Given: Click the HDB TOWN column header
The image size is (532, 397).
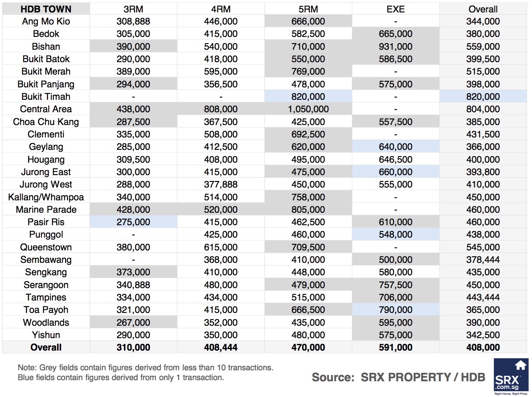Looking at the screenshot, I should pyautogui.click(x=46, y=9).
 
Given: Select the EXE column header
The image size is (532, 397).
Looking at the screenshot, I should pyautogui.click(x=396, y=9).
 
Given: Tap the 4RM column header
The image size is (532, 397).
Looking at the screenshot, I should pyautogui.click(x=221, y=9).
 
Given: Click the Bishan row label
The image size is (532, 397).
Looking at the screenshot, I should pyautogui.click(x=46, y=46).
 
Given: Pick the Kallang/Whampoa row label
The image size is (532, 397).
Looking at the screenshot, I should pyautogui.click(x=46, y=197).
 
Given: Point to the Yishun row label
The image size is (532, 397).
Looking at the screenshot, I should pyautogui.click(x=46, y=335).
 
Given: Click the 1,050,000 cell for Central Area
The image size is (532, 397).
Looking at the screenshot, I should pyautogui.click(x=308, y=109).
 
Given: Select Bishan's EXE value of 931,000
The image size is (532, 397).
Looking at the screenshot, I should pyautogui.click(x=396, y=46).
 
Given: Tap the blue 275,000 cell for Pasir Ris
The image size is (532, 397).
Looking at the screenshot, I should pyautogui.click(x=133, y=222).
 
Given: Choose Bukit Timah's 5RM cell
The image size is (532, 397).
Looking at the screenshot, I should pyautogui.click(x=308, y=97).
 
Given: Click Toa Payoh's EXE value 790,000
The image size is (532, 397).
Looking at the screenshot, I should pyautogui.click(x=396, y=310).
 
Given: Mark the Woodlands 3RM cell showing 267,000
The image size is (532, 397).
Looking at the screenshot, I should pyautogui.click(x=133, y=322).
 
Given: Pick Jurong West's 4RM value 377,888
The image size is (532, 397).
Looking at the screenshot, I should pyautogui.click(x=221, y=184).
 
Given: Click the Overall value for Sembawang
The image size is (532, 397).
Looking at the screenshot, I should pyautogui.click(x=483, y=260).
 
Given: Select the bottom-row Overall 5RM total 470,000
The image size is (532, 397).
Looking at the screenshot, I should pyautogui.click(x=308, y=347).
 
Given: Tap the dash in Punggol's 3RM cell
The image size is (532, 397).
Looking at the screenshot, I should pyautogui.click(x=133, y=235).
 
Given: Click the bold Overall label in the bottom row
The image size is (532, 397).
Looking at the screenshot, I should pyautogui.click(x=46, y=347).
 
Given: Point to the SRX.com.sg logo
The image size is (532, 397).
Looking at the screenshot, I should pyautogui.click(x=510, y=377).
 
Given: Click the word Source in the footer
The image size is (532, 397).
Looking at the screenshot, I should pyautogui.click(x=333, y=377).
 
